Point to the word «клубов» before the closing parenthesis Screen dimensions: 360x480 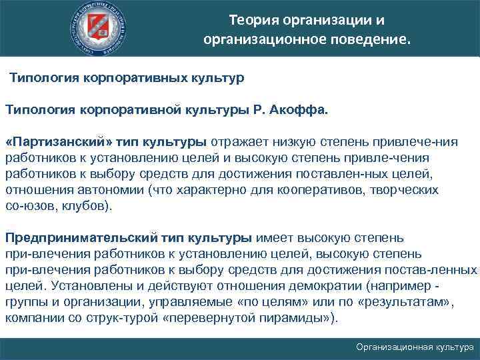point(85,207)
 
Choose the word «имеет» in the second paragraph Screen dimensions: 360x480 point(271,238)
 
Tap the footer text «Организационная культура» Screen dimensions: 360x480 point(415,347)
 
